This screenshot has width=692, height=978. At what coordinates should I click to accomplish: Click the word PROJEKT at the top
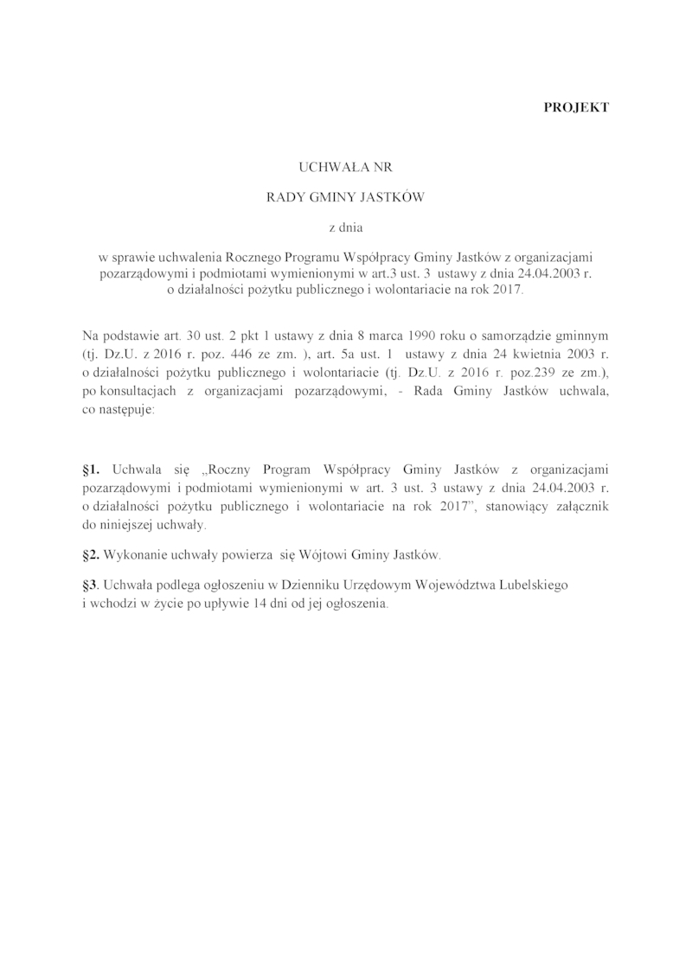577,107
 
